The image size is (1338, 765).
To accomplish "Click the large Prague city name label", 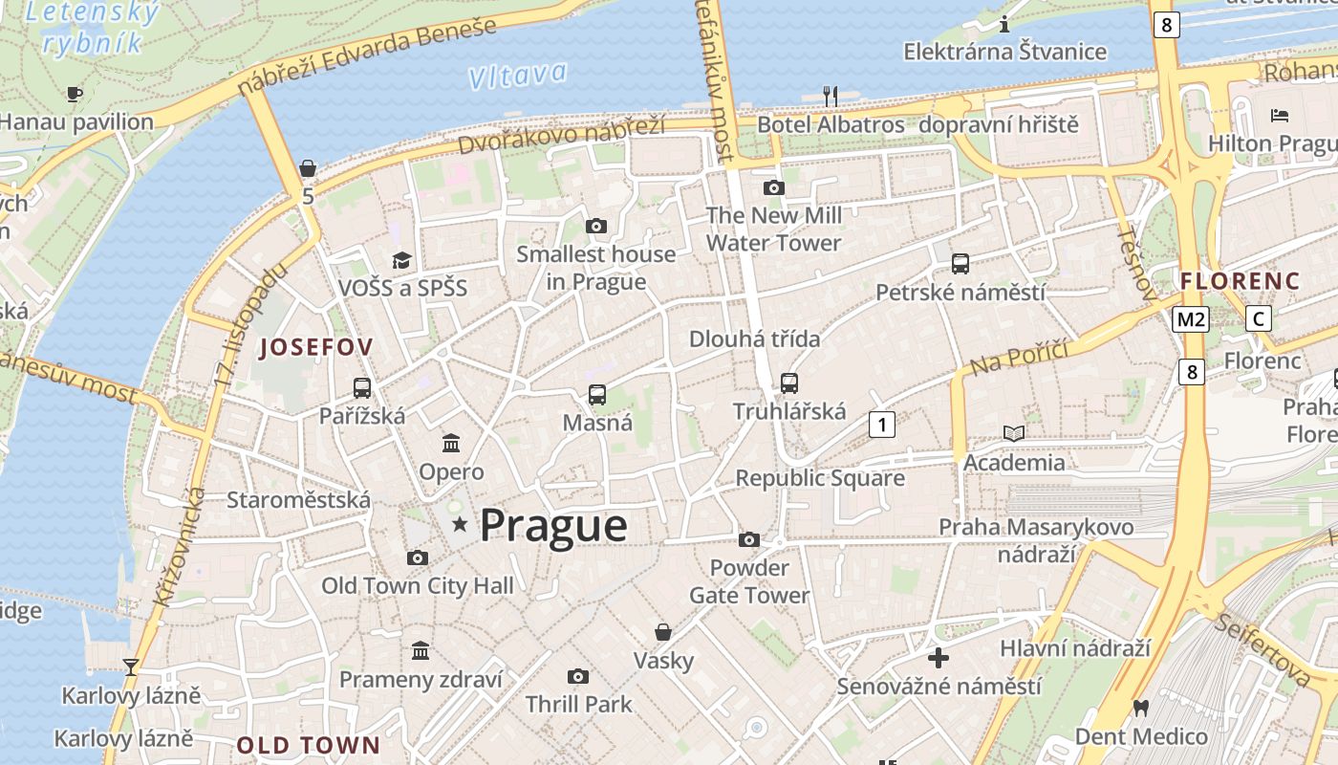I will pos(553,525).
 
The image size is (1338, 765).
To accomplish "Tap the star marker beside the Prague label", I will pos(460,523).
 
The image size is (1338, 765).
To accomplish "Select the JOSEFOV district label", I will pos(315,347).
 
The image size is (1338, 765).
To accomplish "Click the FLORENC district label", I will pos(1240,281).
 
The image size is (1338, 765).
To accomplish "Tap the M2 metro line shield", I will pos(1191,319).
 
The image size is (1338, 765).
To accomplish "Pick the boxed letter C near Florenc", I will pos(1259,319).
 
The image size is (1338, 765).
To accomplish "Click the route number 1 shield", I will pos(881,424).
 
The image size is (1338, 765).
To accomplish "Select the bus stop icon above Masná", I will pos(597,394).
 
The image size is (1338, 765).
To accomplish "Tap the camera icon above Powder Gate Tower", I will pos(749,540).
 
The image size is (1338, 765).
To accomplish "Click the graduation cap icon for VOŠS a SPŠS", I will pos(401,260).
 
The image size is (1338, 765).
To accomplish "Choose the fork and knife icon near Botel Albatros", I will pos(831,96).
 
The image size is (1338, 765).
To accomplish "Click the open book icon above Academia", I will pos(1013,434).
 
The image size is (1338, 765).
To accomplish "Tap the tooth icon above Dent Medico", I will pos(1140,709).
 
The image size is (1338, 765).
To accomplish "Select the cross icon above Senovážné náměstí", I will pos(939,658).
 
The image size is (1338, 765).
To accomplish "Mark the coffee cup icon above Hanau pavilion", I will pos(75,94).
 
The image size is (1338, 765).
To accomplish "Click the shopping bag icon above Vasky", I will pos(663,632).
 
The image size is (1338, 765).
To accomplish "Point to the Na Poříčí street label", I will pos(1019,357).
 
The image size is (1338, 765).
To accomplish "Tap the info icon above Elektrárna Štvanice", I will pos(1004,24).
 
